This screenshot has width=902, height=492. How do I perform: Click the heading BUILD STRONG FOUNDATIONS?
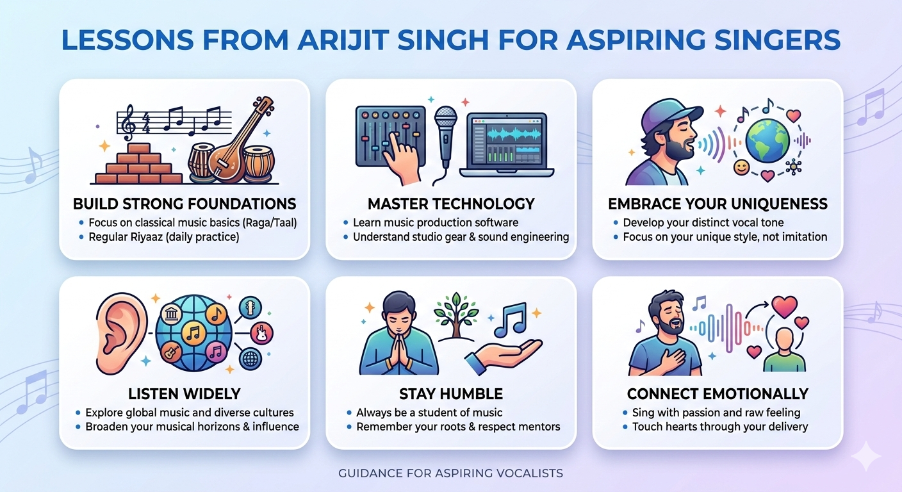pos(184,204)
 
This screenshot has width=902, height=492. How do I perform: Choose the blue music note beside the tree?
pos(511,318)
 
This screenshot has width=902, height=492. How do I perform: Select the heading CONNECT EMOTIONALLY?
pos(717,393)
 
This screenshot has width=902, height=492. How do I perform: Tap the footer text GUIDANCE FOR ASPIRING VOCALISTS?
pos(451,473)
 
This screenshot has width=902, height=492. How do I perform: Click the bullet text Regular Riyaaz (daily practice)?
pos(164,237)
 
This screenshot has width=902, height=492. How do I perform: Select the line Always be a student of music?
pos(429,413)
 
